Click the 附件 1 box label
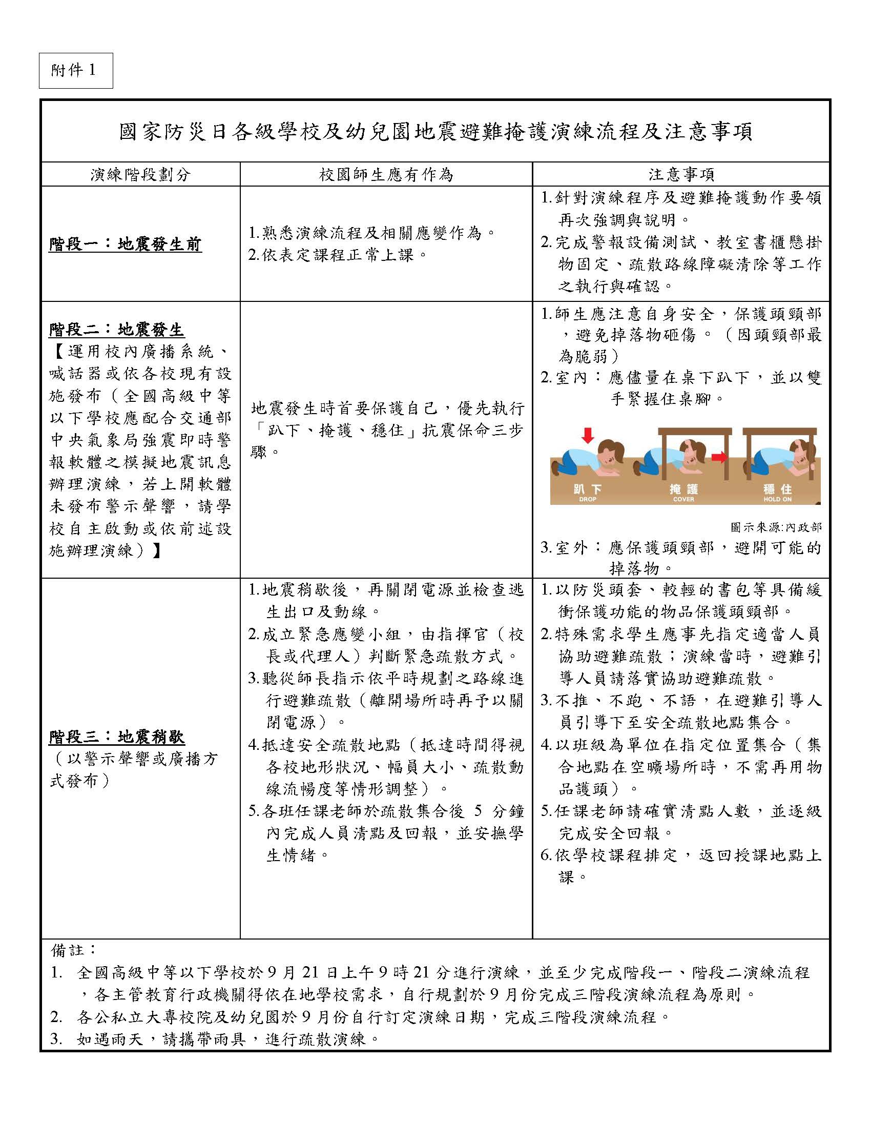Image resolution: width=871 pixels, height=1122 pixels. coord(75,70)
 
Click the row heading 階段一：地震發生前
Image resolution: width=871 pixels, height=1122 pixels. coord(126,244)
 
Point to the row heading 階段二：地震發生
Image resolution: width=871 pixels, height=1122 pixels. coord(117,329)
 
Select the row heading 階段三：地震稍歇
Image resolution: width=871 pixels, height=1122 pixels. coord(117,737)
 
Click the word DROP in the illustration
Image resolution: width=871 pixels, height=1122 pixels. coord(588,499)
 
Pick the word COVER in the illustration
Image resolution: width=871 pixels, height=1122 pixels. coord(683,499)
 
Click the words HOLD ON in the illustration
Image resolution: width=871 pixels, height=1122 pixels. coord(778,499)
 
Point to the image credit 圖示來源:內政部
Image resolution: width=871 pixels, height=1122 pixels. coord(776,527)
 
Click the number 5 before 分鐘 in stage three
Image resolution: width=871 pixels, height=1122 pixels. coord(479,811)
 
